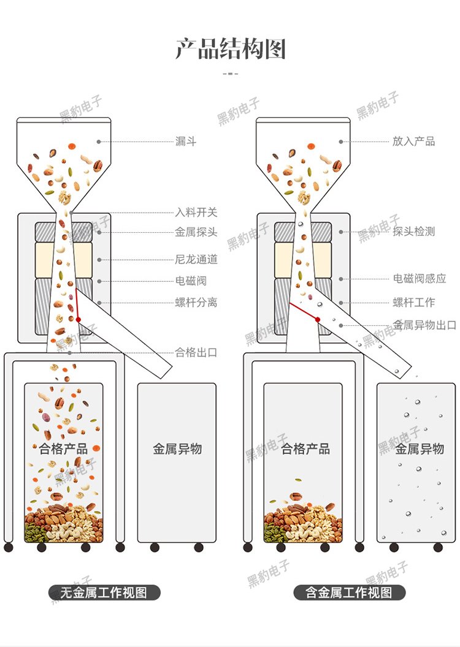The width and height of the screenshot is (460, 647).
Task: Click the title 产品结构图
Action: [231, 49]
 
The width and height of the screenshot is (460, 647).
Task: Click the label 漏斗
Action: [185, 142]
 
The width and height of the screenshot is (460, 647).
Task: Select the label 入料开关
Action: [196, 213]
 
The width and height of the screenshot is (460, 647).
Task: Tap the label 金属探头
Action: [196, 232]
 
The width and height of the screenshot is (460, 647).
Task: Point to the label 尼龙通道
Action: [196, 259]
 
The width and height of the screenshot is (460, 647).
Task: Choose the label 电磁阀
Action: [191, 281]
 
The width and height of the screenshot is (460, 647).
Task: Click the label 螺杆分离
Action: [196, 303]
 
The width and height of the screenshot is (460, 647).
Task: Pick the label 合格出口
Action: [196, 352]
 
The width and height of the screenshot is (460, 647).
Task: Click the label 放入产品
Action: [414, 142]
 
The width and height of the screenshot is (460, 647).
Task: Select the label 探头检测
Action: [414, 232]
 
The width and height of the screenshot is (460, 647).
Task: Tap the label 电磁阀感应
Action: [420, 279]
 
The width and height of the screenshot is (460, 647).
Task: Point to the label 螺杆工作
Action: [414, 303]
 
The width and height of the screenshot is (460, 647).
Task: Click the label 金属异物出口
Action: [424, 325]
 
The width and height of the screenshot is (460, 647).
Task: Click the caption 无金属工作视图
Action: [104, 592]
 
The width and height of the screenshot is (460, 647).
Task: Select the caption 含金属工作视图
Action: [349, 592]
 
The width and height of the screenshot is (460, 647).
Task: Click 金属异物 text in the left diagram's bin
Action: [177, 449]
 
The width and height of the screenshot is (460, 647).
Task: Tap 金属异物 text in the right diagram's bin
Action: [420, 449]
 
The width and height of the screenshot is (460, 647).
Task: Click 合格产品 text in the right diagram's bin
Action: [305, 449]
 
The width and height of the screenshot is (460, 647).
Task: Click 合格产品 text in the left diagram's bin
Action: [63, 449]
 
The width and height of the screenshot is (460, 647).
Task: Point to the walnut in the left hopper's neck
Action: [64, 198]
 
